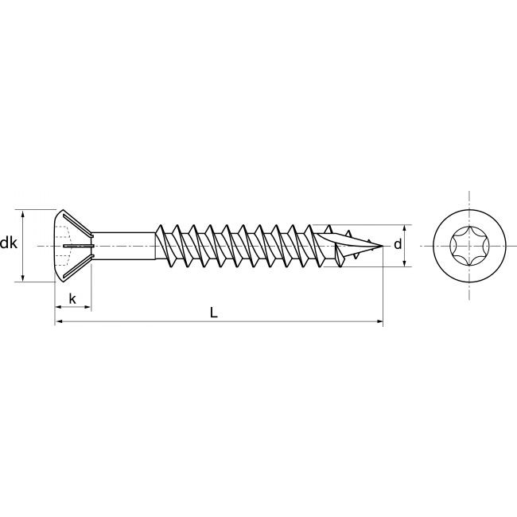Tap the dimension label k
(72, 299)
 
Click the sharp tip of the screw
(382, 246)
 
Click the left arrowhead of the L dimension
(57, 321)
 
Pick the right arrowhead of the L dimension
(379, 321)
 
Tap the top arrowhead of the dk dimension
(23, 212)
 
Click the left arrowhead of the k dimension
(57, 307)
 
